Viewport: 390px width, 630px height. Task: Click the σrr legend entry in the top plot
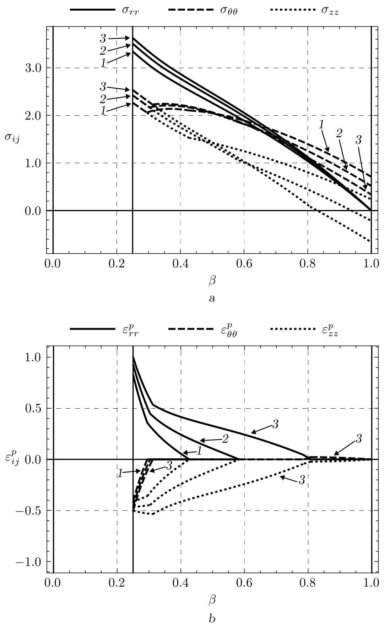tap(107, 10)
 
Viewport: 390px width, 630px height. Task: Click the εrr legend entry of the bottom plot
tap(107, 329)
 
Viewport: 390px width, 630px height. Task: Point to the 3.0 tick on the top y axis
tap(34, 68)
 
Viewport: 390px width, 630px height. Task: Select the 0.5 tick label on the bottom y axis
tap(34, 408)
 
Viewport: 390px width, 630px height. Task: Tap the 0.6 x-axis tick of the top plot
tap(244, 264)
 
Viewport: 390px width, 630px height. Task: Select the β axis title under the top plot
tap(212, 281)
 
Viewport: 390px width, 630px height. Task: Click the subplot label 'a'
tap(212, 298)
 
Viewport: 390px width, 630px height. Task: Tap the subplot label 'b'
tap(212, 619)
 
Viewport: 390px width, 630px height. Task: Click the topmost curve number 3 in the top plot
tap(103, 37)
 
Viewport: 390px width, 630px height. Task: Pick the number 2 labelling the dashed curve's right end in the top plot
tap(339, 133)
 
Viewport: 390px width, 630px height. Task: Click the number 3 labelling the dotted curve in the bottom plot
tap(302, 481)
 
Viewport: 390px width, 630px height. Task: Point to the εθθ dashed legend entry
tap(203, 329)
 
